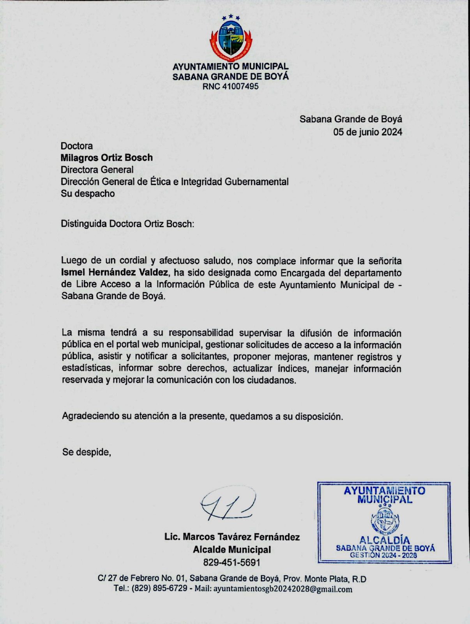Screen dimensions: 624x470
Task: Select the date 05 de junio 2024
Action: [368, 132]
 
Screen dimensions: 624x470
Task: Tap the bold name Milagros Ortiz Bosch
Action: [106, 158]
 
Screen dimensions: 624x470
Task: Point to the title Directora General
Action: [97, 170]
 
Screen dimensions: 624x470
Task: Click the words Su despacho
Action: [88, 193]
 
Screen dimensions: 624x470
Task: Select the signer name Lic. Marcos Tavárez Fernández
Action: [232, 537]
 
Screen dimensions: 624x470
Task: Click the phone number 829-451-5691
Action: [231, 563]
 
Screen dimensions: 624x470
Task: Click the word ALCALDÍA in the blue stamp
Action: [384, 540]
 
